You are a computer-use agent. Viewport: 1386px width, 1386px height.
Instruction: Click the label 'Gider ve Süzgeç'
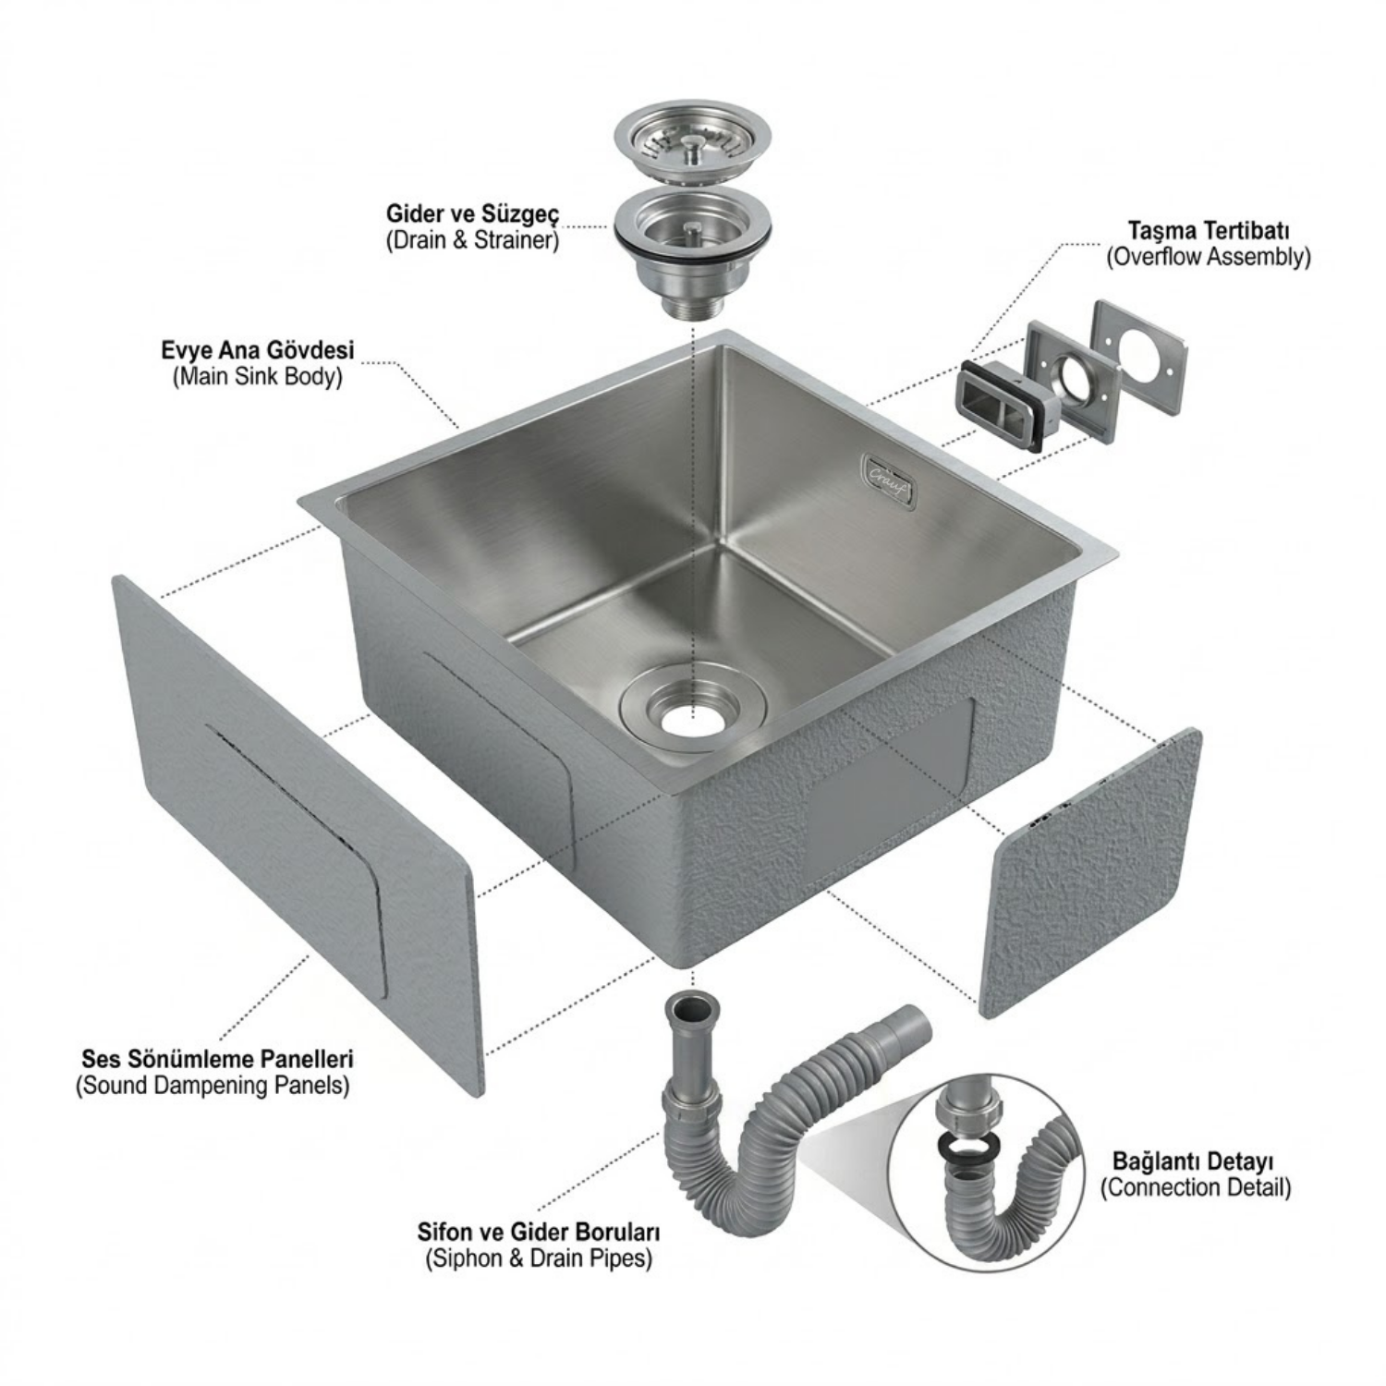click(472, 214)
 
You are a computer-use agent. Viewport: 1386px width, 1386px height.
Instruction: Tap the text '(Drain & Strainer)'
click(472, 241)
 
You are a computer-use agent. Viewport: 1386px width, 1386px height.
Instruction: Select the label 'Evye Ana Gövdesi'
click(258, 351)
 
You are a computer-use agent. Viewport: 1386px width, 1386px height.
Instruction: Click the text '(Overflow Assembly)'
click(1209, 257)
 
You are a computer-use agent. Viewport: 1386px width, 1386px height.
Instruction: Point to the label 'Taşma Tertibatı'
click(1209, 230)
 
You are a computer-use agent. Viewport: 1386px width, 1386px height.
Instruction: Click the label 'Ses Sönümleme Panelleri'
click(218, 1058)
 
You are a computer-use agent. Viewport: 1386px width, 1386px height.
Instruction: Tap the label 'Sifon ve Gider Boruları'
click(539, 1232)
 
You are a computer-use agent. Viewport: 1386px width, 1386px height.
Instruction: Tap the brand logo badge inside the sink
click(890, 478)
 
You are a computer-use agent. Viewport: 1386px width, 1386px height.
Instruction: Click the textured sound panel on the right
click(1089, 873)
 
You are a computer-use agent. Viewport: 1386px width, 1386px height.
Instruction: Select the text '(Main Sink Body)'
click(258, 377)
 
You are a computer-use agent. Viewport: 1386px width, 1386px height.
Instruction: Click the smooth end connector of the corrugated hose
click(909, 1026)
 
